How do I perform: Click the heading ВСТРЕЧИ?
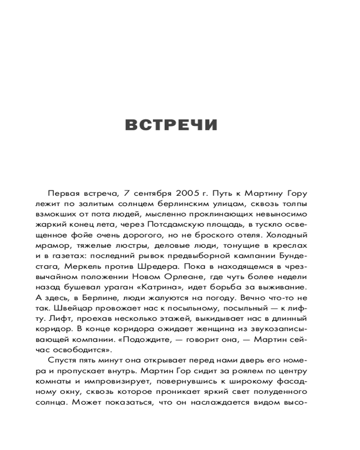coord(171,125)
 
